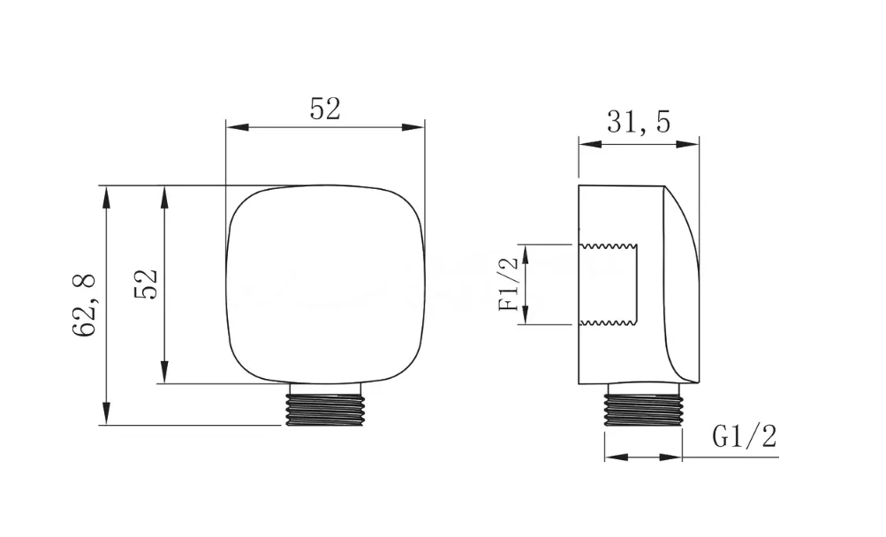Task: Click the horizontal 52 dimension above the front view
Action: coord(325,110)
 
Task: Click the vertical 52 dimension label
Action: coord(145,284)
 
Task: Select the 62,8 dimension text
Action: coord(85,306)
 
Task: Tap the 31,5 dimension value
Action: coord(639,122)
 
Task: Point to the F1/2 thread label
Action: coord(509,284)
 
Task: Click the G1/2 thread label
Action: coord(745,435)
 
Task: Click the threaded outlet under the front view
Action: coord(325,405)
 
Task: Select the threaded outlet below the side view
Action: coord(644,405)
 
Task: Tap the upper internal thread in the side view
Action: coord(609,246)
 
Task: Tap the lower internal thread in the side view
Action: coord(609,322)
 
